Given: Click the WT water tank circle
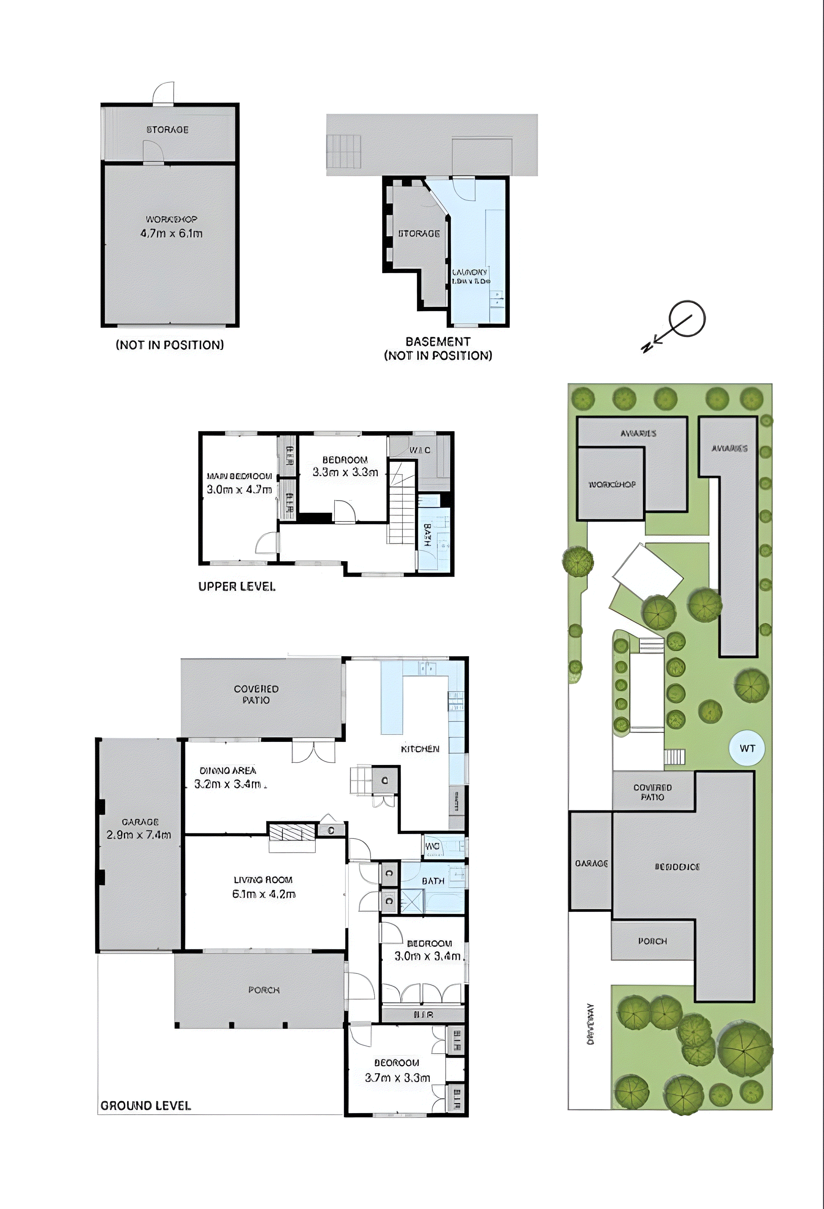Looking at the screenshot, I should (747, 748).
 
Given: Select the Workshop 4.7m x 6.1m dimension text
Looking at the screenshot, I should (171, 234).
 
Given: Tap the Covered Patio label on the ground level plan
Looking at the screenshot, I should (256, 694).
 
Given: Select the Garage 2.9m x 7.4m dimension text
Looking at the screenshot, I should (138, 835).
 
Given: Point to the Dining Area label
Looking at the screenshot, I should (228, 770).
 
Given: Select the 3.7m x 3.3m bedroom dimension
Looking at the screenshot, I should (397, 1078).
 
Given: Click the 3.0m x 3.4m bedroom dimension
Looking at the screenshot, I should (427, 956).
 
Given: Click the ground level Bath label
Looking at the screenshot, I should (433, 881).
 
